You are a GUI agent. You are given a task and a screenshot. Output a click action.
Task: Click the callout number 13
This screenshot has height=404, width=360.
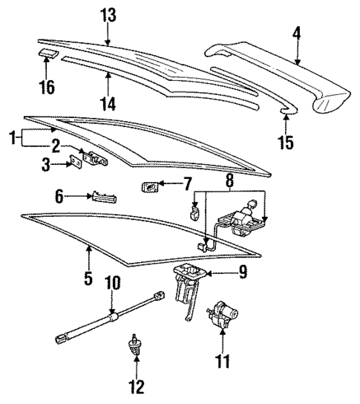[x=109, y=15]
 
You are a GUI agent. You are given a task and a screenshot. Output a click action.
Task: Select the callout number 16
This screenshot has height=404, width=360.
[x=46, y=88]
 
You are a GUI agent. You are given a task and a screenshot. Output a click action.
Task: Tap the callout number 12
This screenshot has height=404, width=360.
[x=137, y=386]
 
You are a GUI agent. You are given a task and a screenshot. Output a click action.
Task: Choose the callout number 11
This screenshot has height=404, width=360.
[x=223, y=362]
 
